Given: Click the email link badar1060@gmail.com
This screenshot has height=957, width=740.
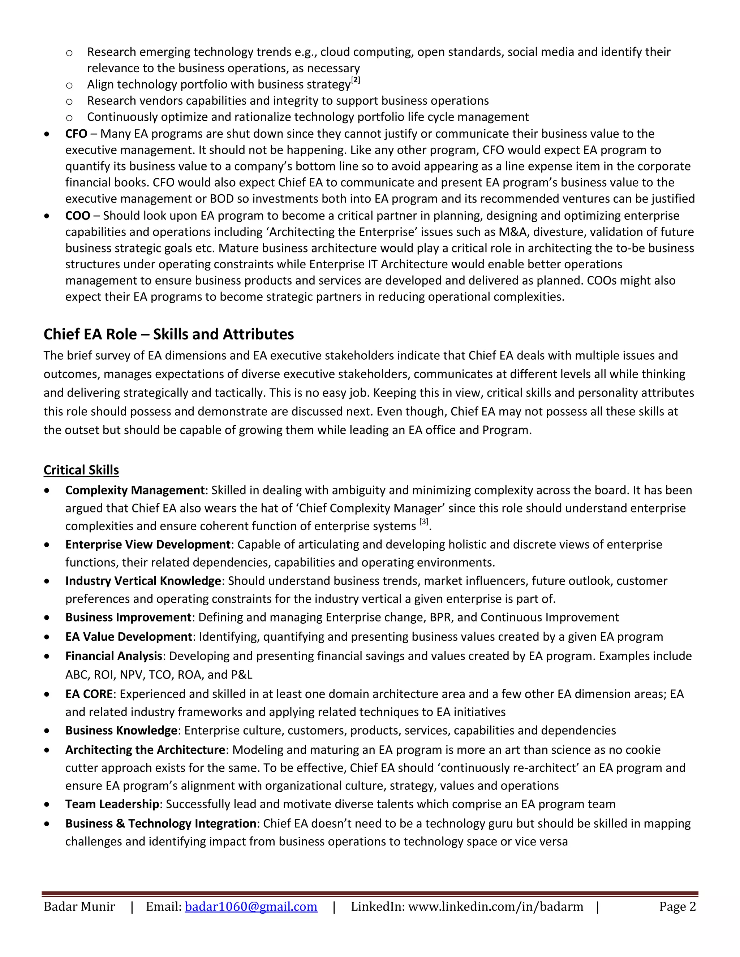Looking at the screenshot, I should coord(251,906).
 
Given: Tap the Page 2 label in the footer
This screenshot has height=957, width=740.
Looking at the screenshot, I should coord(677,906).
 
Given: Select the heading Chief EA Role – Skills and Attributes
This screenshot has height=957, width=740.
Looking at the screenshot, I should coord(169,334).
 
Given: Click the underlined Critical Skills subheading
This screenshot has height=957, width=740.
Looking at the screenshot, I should coord(81,470).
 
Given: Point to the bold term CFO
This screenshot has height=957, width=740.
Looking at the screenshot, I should coord(76,134).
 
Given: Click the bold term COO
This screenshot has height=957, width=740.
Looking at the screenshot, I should coord(78,216).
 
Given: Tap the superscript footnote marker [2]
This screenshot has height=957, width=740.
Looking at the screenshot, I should coord(356,80).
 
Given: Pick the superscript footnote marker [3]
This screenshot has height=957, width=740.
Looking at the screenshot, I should coord(423,522).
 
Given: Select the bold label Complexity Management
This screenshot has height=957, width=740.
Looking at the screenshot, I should coord(134,490).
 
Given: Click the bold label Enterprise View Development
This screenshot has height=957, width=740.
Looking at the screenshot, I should coord(148,544).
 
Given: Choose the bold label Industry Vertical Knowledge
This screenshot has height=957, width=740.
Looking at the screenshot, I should coord(143,581).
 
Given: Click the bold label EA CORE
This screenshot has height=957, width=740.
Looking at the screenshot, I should coord(89,694).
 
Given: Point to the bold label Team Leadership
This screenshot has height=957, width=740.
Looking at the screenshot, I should coord(112,804).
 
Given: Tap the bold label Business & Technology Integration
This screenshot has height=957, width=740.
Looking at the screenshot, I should coord(160,823).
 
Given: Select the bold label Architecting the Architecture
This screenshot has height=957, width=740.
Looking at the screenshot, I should coord(145,750).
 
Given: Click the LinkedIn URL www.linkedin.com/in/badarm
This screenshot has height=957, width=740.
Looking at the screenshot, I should coord(495,906).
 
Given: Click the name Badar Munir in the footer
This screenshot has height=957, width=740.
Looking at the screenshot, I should coord(79,906).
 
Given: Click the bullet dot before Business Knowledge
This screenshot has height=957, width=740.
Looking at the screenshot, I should coord(47,731).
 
